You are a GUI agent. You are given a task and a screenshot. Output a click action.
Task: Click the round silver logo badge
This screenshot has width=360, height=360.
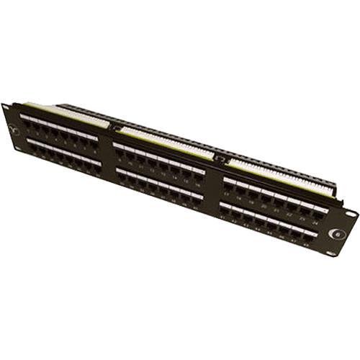336,233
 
